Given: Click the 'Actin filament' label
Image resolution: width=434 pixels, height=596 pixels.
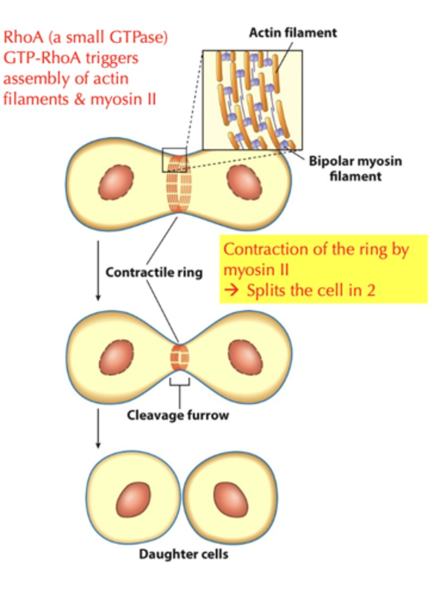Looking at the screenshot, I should point(293,33).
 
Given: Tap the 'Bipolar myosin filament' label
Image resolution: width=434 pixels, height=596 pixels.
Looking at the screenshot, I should point(355,168).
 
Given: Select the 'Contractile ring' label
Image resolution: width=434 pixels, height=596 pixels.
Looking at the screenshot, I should point(154,273).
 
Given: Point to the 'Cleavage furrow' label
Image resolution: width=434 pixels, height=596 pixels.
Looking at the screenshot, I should point(178,415).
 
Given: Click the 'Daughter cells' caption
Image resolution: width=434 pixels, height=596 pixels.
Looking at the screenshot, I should point(184,553).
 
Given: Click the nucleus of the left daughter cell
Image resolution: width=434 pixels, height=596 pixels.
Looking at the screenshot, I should point(133,499).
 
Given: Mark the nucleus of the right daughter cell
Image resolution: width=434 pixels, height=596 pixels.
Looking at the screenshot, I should point(231,499).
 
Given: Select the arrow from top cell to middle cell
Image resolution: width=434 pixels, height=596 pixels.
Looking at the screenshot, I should point(98,271).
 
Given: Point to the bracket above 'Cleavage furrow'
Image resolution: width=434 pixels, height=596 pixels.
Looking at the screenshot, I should point(179,383).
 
